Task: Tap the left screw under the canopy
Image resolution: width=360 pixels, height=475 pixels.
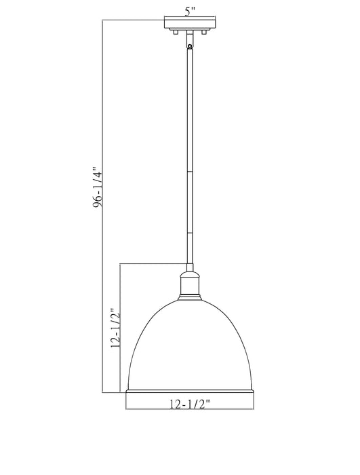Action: pos(176,32)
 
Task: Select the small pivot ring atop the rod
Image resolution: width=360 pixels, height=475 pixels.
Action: pos(189,45)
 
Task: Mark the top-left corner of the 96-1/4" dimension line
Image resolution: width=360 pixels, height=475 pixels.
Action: pos(102,21)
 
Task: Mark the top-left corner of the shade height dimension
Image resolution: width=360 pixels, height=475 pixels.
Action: pos(121,263)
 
